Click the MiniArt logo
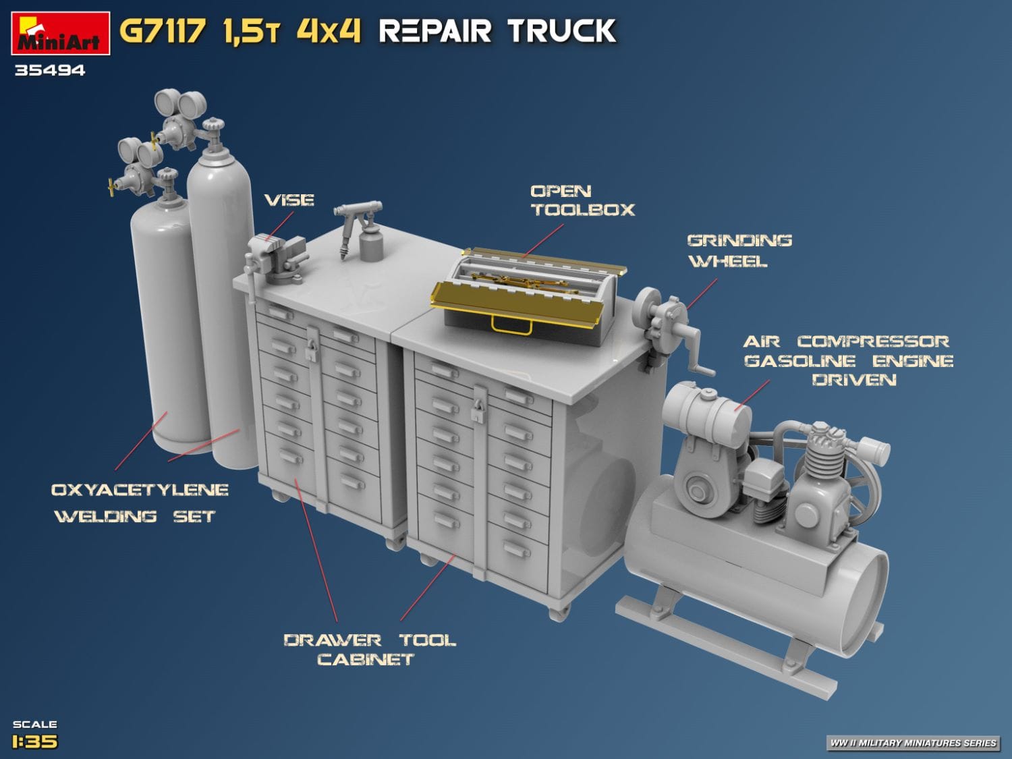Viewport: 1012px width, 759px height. [x=60, y=34]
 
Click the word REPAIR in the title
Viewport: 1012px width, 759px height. [x=435, y=31]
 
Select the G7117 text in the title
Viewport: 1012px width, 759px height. [x=162, y=31]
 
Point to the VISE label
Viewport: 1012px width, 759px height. [x=289, y=200]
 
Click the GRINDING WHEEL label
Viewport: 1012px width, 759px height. [x=739, y=250]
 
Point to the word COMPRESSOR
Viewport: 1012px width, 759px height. [x=873, y=341]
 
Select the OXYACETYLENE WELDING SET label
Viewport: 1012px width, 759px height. [x=140, y=503]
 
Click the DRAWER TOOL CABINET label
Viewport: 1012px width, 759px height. [x=368, y=649]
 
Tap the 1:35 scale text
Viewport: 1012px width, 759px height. [x=35, y=741]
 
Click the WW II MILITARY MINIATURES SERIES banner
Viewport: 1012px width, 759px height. [x=913, y=743]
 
